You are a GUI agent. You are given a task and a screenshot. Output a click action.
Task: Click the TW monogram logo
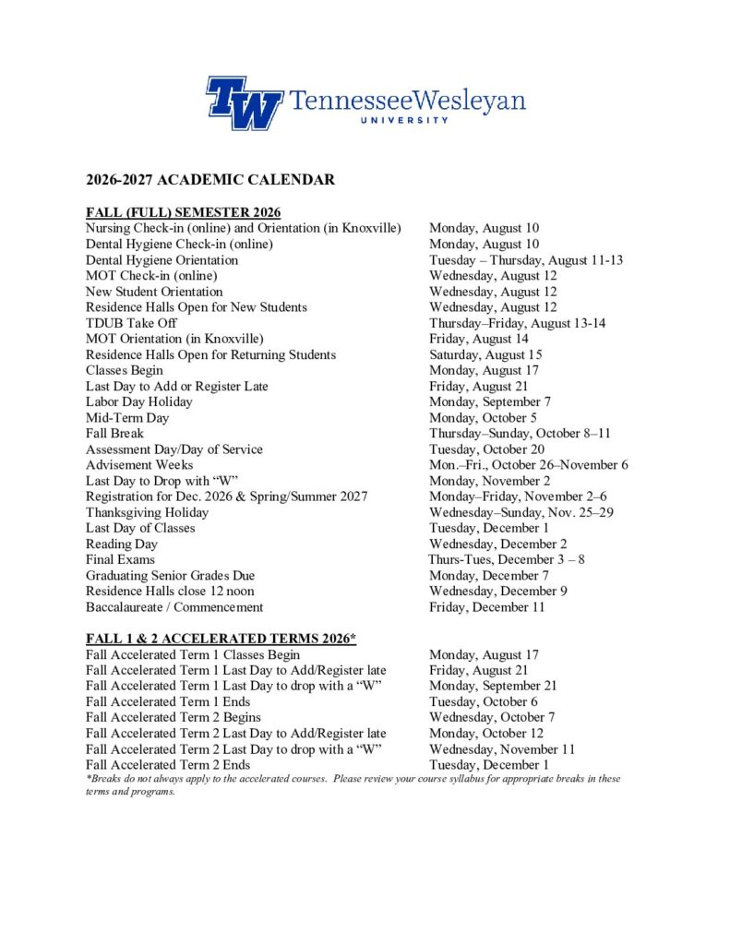244,102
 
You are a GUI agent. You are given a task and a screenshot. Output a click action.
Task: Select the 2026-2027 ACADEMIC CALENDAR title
210,179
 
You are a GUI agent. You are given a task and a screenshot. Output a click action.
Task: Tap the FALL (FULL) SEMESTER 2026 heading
183,212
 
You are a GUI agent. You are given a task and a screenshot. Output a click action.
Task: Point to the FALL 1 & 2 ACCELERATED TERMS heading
221,639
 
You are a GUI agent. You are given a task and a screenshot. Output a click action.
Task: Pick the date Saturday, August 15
485,354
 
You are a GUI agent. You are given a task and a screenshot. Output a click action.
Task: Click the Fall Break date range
520,433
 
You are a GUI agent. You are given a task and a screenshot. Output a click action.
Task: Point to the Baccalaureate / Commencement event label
174,607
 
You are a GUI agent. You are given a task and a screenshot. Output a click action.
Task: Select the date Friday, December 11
486,607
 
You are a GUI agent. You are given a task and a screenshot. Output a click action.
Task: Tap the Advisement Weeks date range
529,465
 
